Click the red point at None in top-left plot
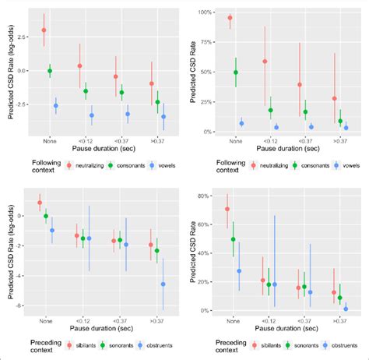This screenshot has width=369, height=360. click(44, 30)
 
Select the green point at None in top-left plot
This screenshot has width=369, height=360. click(50, 71)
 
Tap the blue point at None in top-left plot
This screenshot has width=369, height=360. click(55, 106)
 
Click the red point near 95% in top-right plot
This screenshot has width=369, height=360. click(230, 17)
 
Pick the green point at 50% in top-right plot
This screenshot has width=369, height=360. click(236, 72)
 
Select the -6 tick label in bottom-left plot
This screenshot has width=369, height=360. click(25, 305)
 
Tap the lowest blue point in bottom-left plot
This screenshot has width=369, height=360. click(163, 284)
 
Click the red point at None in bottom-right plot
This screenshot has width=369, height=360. click(227, 209)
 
